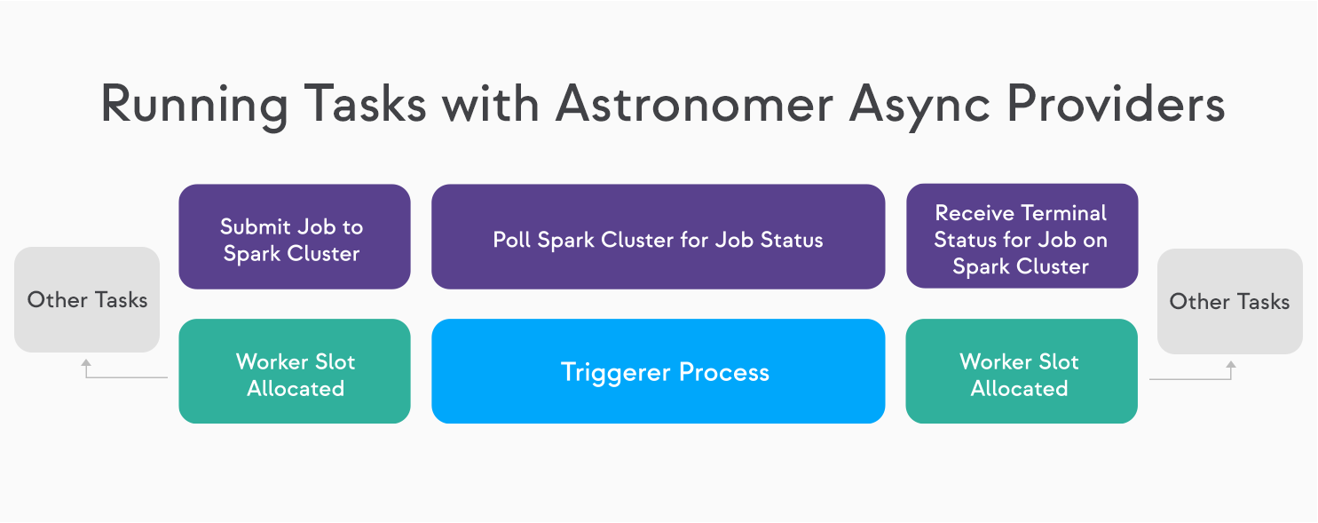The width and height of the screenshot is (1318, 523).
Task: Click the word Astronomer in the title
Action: point(695,104)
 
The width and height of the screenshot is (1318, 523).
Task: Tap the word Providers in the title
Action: point(1116,103)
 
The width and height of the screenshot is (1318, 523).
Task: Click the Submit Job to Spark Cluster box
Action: point(295,236)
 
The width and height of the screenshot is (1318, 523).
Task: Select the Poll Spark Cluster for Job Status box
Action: point(659,236)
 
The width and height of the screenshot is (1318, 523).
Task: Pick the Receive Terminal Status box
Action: point(1022,235)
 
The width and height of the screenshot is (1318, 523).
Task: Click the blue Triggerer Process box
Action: point(659,371)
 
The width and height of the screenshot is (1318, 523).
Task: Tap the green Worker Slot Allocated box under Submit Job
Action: point(295,371)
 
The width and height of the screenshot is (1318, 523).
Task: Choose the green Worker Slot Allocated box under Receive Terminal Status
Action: point(1022,371)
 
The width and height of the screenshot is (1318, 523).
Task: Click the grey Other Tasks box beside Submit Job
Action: point(87,300)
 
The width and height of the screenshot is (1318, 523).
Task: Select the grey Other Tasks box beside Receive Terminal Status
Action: point(1230,301)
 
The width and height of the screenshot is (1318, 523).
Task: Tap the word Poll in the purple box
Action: point(511,240)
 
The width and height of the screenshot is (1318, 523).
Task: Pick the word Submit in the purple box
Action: point(256,226)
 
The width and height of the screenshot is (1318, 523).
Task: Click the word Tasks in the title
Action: point(365,103)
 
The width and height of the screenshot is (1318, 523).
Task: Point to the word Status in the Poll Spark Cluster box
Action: point(792,240)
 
